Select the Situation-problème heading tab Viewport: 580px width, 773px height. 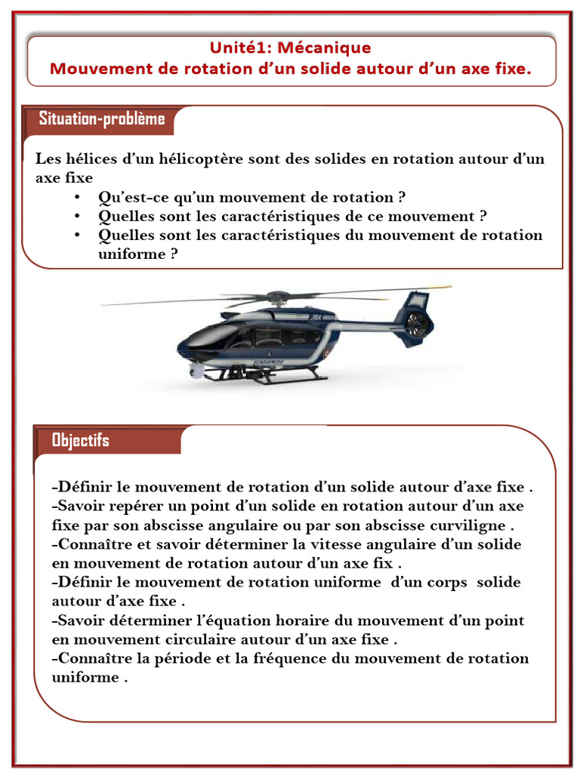coord(102,119)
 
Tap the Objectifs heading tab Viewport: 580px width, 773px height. coord(81,440)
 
